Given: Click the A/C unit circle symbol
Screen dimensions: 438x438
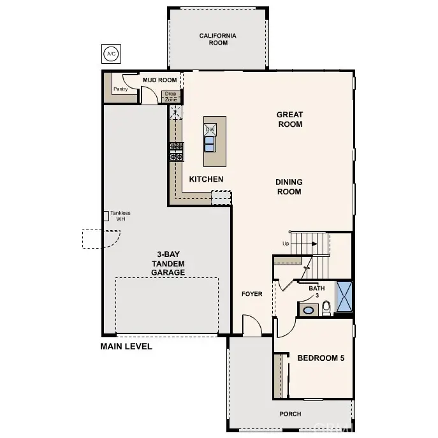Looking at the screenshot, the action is click(x=111, y=54).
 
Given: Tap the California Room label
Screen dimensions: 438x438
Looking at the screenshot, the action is click(x=218, y=39).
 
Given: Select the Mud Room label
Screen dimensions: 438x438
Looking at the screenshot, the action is click(x=160, y=80).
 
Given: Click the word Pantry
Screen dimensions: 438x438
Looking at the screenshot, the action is click(x=120, y=89).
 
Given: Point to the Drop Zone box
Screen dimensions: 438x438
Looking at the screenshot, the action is click(x=171, y=97).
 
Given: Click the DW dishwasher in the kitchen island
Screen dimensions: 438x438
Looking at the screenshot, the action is click(x=210, y=129).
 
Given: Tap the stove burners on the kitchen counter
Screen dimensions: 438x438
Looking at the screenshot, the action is click(x=177, y=152).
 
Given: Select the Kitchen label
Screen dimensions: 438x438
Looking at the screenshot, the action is click(x=206, y=179).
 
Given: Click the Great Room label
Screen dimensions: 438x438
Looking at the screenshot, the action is click(x=290, y=119).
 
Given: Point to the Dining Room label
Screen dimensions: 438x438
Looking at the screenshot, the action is click(x=289, y=187).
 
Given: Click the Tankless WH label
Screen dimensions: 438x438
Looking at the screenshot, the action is click(x=120, y=216).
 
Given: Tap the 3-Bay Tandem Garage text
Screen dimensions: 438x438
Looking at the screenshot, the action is click(x=168, y=263).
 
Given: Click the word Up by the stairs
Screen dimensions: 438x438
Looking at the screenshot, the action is click(x=286, y=244).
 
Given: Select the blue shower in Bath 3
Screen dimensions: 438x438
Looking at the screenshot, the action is click(x=344, y=296).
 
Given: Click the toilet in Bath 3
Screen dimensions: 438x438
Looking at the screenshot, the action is click(x=326, y=309).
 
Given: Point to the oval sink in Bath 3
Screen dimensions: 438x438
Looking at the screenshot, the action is click(x=309, y=310).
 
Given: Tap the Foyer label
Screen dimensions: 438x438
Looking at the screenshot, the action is click(x=252, y=294).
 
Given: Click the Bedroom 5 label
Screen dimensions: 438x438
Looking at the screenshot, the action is click(x=321, y=358).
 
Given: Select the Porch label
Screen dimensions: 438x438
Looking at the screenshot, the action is click(x=290, y=414).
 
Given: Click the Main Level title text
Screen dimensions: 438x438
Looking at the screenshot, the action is click(x=126, y=346).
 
